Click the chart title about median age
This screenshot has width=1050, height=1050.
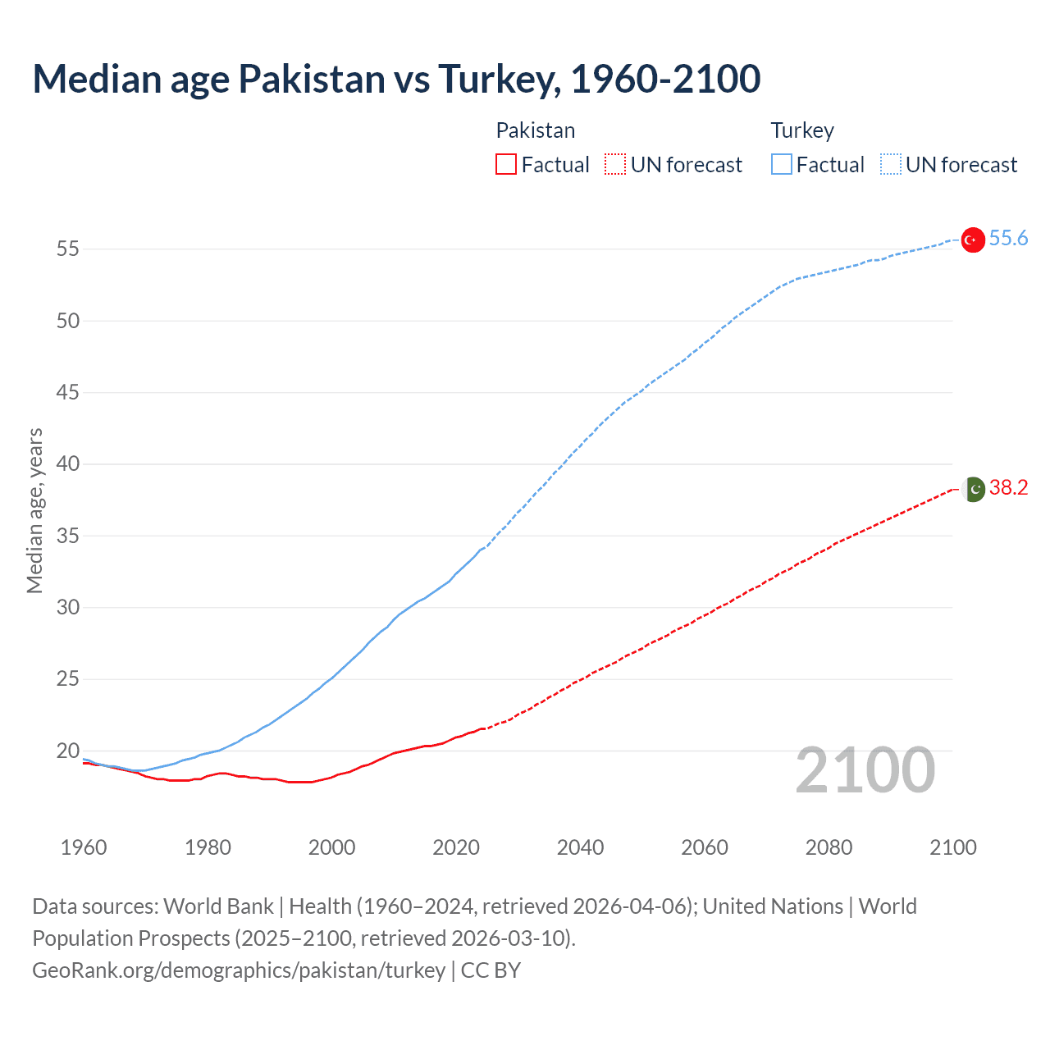click(396, 79)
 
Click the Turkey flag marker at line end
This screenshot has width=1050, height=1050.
click(972, 240)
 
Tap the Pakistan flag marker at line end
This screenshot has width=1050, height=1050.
click(973, 489)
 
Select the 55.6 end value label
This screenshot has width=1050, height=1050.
click(1008, 238)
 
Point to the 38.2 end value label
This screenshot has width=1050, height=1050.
click(1008, 487)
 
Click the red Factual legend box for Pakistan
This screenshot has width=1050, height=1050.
click(506, 165)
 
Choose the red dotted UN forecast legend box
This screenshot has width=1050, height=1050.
click(615, 165)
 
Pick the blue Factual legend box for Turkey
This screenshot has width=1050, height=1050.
click(781, 165)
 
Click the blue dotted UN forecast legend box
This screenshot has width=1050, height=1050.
click(890, 165)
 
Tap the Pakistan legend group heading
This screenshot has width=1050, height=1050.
click(535, 130)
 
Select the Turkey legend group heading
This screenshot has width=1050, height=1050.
click(801, 130)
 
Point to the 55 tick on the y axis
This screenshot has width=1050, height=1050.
click(68, 249)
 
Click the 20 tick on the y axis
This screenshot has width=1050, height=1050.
click(68, 751)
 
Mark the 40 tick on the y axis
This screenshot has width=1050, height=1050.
click(68, 464)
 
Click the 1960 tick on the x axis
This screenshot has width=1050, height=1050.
click(84, 847)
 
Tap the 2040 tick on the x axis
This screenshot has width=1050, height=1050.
click(580, 847)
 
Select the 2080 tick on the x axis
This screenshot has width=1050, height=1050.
click(829, 847)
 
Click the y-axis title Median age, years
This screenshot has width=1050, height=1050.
click(34, 510)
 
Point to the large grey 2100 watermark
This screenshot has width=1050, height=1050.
click(865, 770)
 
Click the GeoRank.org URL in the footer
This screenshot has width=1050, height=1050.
click(239, 970)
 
